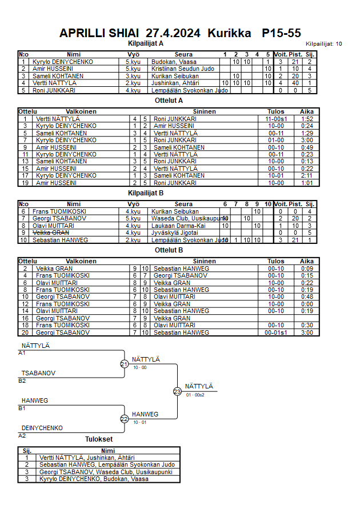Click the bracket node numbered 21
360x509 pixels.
coord(124,364)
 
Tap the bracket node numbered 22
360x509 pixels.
coord(124,419)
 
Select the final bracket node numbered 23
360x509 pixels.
coord(177,391)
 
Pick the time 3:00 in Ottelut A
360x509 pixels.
coord(307,140)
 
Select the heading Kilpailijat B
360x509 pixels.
coord(146,193)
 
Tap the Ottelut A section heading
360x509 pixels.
coord(169,101)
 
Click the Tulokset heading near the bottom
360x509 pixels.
coord(99,439)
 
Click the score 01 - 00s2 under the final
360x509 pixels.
coord(195,395)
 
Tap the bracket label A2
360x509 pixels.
coord(22,435)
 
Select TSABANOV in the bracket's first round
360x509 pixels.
coord(38,373)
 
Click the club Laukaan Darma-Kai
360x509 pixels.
coord(177,226)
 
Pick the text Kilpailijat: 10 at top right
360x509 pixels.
coord(323,43)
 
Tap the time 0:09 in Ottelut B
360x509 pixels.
coord(307,268)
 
